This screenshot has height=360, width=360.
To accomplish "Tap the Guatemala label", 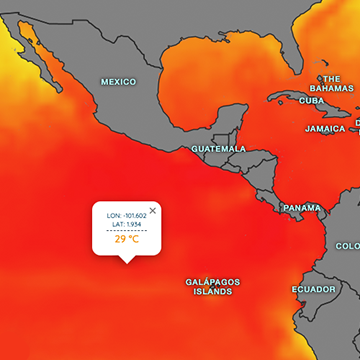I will pos(218,148).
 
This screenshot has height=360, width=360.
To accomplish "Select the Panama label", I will pos(302,208).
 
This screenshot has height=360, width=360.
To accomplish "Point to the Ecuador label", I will pos(313,290).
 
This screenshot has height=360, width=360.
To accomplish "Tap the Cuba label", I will pos(311,101).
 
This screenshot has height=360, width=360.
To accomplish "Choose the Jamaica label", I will pos(325,129).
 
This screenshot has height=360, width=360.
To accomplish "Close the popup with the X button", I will pos(153,209).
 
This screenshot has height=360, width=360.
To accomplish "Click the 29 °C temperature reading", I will pos(126,240).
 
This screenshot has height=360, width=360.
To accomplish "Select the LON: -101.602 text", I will pos(127,214).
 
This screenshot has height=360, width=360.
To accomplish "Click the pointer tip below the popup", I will pos(126,261).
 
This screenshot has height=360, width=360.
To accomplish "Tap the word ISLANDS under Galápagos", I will pos(212,292).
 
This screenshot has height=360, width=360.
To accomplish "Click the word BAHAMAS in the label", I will pos(337,88).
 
